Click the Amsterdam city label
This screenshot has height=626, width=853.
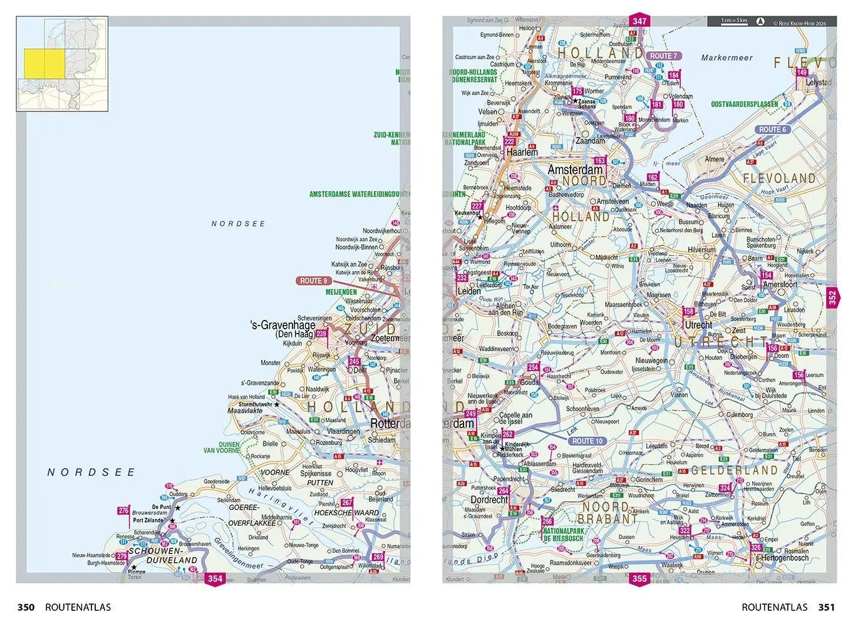[575, 170]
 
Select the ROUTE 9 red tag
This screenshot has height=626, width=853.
[314, 281]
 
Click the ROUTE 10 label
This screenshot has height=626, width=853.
[587, 441]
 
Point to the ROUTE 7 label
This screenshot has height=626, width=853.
[663, 56]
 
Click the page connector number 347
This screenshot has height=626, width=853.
[639, 21]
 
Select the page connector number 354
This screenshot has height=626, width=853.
[215, 578]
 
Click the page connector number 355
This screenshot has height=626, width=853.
[639, 578]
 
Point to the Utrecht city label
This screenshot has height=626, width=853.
[698, 325]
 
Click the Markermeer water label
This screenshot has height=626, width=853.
[726, 58]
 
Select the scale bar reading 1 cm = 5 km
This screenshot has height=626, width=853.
[733, 21]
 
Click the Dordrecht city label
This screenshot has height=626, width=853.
[489, 500]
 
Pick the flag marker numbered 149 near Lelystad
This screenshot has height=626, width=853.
[802, 73]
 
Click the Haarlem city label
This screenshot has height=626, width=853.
[522, 152]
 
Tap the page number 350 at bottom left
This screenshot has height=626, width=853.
[26, 607]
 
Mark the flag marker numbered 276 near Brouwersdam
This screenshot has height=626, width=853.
[123, 511]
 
